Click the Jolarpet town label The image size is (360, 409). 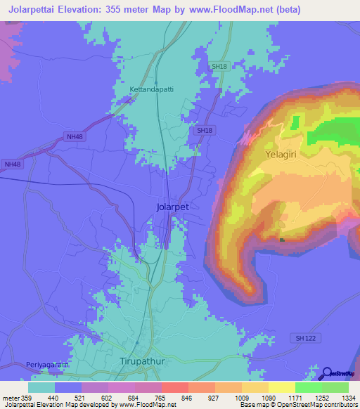click(172, 208)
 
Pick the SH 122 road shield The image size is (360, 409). click(303, 339)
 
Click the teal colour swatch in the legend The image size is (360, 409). click(41, 387)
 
